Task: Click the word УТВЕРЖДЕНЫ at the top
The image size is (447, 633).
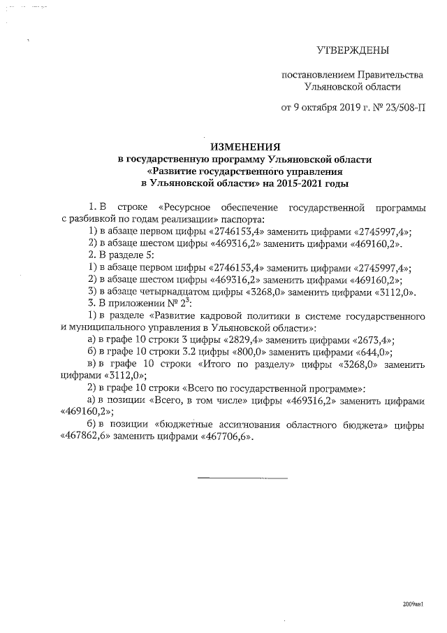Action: (x=353, y=50)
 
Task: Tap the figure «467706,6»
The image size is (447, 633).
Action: (x=226, y=437)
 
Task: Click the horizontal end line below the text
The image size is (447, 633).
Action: (x=243, y=478)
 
